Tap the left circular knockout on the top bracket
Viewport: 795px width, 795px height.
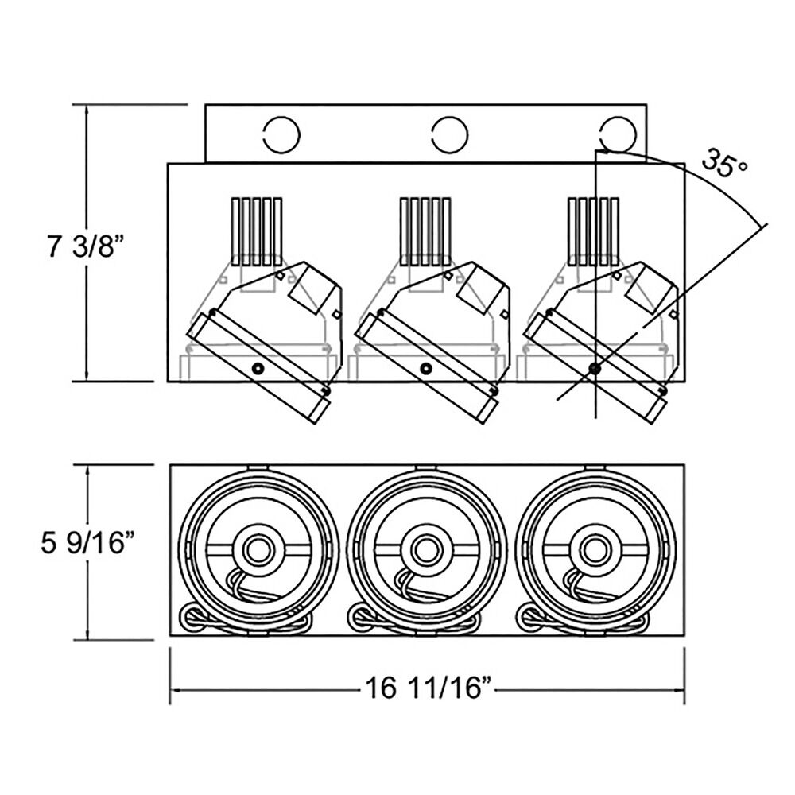tap(281, 134)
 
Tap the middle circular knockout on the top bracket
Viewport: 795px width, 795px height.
tap(449, 134)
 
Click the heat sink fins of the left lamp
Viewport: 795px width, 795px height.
tap(257, 230)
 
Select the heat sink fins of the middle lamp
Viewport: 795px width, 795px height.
tap(425, 230)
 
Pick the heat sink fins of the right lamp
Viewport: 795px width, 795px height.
tap(593, 230)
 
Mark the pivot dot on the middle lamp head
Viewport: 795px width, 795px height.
tap(426, 368)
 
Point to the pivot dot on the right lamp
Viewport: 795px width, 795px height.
tap(594, 367)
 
